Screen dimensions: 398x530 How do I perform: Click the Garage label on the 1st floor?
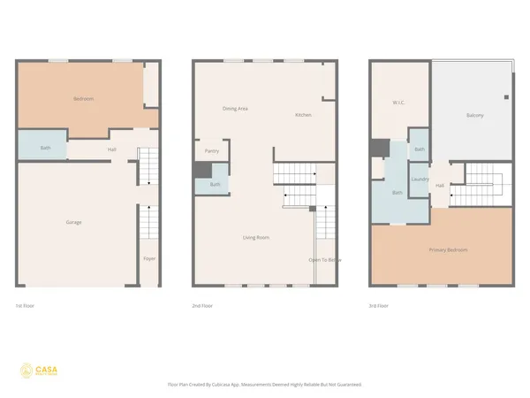pyautogui.click(x=73, y=222)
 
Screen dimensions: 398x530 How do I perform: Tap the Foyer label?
pyautogui.click(x=149, y=258)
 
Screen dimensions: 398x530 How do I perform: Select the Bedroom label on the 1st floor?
pyautogui.click(x=84, y=99)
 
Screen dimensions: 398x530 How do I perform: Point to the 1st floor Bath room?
pyautogui.click(x=45, y=148)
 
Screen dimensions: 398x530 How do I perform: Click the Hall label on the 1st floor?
pyautogui.click(x=112, y=149)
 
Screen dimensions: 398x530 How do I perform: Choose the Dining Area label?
pyautogui.click(x=234, y=109)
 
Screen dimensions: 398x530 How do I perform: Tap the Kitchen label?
pyautogui.click(x=303, y=116)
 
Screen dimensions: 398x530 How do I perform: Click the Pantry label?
pyautogui.click(x=212, y=151)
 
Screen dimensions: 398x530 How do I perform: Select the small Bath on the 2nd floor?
pyautogui.click(x=216, y=184)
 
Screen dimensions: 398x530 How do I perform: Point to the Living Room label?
pyautogui.click(x=256, y=237)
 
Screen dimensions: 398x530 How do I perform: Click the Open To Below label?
pyautogui.click(x=324, y=260)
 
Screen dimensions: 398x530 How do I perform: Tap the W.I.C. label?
pyautogui.click(x=398, y=103)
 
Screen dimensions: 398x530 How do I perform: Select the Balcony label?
pyautogui.click(x=474, y=117)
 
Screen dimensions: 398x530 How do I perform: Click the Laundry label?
pyautogui.click(x=420, y=180)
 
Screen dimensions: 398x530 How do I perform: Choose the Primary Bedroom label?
pyautogui.click(x=448, y=250)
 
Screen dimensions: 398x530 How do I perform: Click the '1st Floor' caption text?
pyautogui.click(x=26, y=305)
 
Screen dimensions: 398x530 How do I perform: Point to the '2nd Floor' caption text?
pyautogui.click(x=202, y=305)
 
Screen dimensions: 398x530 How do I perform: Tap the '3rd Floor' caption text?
pyautogui.click(x=380, y=305)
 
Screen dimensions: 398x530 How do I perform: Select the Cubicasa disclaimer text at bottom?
pyautogui.click(x=264, y=385)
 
